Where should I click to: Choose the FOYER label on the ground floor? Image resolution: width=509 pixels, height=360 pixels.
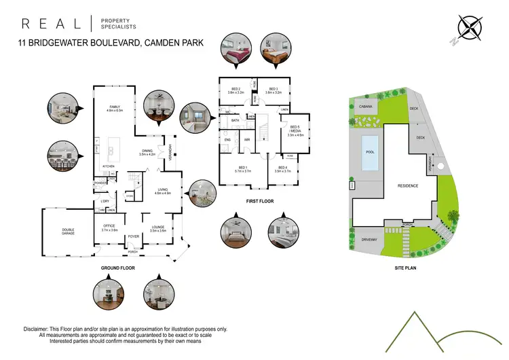pos(134,237)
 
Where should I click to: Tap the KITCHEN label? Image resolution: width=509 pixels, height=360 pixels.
pos(110,166)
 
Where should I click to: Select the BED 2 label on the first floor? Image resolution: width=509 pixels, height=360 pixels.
pos(236,90)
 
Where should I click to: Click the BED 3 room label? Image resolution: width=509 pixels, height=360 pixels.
pos(274,90)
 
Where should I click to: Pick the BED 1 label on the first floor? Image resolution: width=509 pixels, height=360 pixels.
pos(243,168)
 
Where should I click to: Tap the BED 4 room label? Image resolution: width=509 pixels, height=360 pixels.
pos(282,168)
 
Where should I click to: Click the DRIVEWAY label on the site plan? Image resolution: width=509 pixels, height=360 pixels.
pos(369,240)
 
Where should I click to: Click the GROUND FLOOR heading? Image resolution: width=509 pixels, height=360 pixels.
pos(119,268)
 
